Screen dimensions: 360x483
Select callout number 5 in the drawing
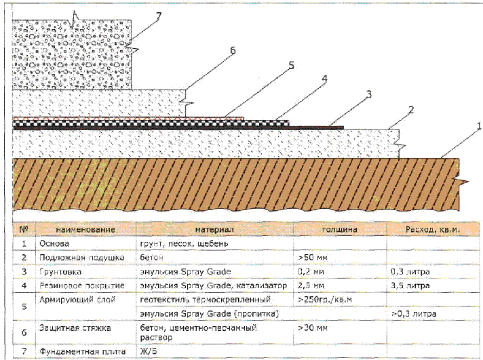[290, 66]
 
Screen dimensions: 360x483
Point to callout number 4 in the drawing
[324, 79]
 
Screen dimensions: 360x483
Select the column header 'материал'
[213, 230]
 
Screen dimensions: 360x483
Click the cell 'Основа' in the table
[55, 243]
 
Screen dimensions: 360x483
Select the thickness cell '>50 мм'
[313, 258]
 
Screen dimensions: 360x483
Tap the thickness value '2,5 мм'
[311, 285]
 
